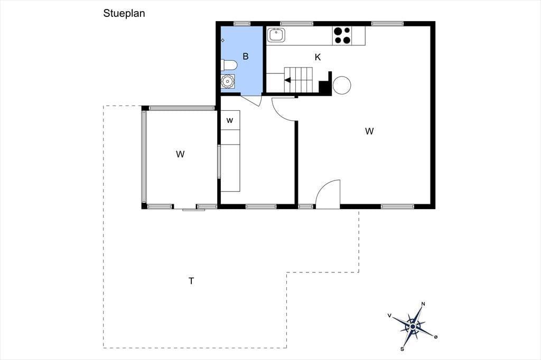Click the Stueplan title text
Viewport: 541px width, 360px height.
tap(124, 13)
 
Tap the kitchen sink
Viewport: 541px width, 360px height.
tap(276, 35)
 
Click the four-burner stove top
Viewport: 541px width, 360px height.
tap(342, 36)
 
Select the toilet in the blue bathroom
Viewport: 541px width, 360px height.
tap(229, 65)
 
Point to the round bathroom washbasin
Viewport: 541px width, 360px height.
tap(227, 81)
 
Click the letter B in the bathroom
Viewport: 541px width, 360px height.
tap(246, 56)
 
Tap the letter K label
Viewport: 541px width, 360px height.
tap(318, 57)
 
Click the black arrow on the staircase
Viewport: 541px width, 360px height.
tap(287, 80)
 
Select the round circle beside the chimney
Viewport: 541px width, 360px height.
tap(342, 85)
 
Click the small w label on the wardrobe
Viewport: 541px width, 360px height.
tap(230, 120)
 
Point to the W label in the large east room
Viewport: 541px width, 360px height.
tap(369, 131)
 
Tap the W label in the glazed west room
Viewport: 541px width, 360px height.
tap(180, 154)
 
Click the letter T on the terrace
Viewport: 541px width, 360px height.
tap(191, 281)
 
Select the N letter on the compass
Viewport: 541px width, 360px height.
tap(423, 304)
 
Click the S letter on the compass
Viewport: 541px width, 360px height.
tap(402, 349)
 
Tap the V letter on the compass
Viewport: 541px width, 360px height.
tap(389, 315)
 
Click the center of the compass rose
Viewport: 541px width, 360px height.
tap(413, 326)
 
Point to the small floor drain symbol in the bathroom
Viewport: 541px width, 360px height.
tap(222, 40)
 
